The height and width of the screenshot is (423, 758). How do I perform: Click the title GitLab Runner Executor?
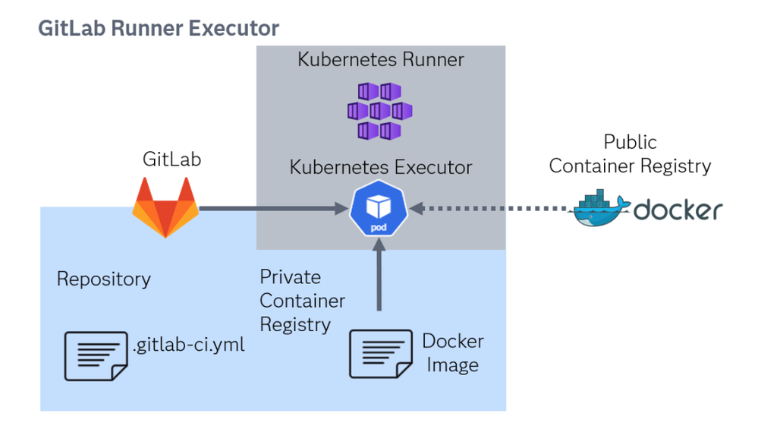pyautogui.click(x=159, y=29)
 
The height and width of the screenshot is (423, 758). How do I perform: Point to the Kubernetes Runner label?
pyautogui.click(x=380, y=60)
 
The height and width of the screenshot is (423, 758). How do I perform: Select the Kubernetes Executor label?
pyautogui.click(x=381, y=168)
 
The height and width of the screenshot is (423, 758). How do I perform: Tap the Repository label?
pyautogui.click(x=104, y=279)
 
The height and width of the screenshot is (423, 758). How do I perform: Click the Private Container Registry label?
pyautogui.click(x=302, y=301)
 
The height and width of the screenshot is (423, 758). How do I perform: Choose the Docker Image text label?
pyautogui.click(x=452, y=353)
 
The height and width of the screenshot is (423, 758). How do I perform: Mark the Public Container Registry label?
pyautogui.click(x=630, y=154)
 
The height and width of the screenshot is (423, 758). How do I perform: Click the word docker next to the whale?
pyautogui.click(x=678, y=210)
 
